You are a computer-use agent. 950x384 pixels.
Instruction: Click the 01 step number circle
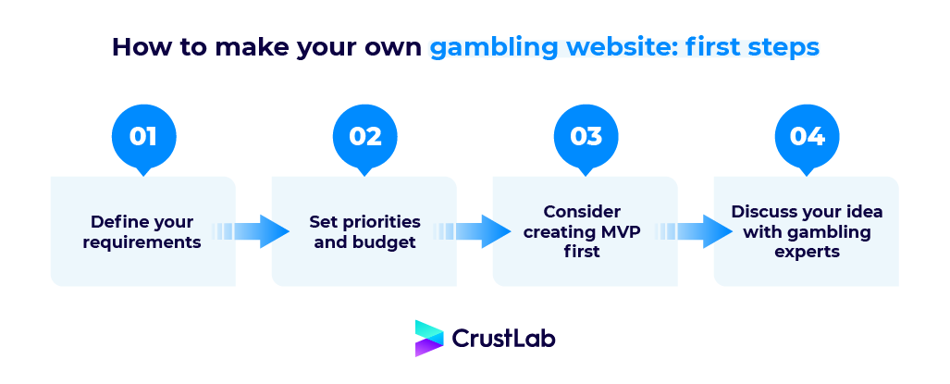coord(142,137)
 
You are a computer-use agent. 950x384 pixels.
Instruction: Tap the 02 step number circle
coord(364,137)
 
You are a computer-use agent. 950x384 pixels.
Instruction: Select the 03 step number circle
coord(586,137)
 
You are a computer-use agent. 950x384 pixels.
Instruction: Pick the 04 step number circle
coord(807,137)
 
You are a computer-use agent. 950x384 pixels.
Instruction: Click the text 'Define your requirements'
coord(142,232)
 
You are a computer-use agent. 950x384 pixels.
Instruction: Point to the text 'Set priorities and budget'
coord(364,232)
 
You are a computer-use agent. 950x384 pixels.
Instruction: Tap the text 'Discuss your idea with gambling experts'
coord(807,231)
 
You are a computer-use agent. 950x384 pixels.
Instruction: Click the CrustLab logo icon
coord(428,339)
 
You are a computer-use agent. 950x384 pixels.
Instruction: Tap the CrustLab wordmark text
coord(503,339)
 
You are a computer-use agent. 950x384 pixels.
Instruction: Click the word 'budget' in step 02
coord(389,242)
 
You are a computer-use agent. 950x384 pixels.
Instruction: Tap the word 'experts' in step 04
coord(807,251)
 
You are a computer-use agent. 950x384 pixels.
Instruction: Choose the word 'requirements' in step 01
coord(142,242)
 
